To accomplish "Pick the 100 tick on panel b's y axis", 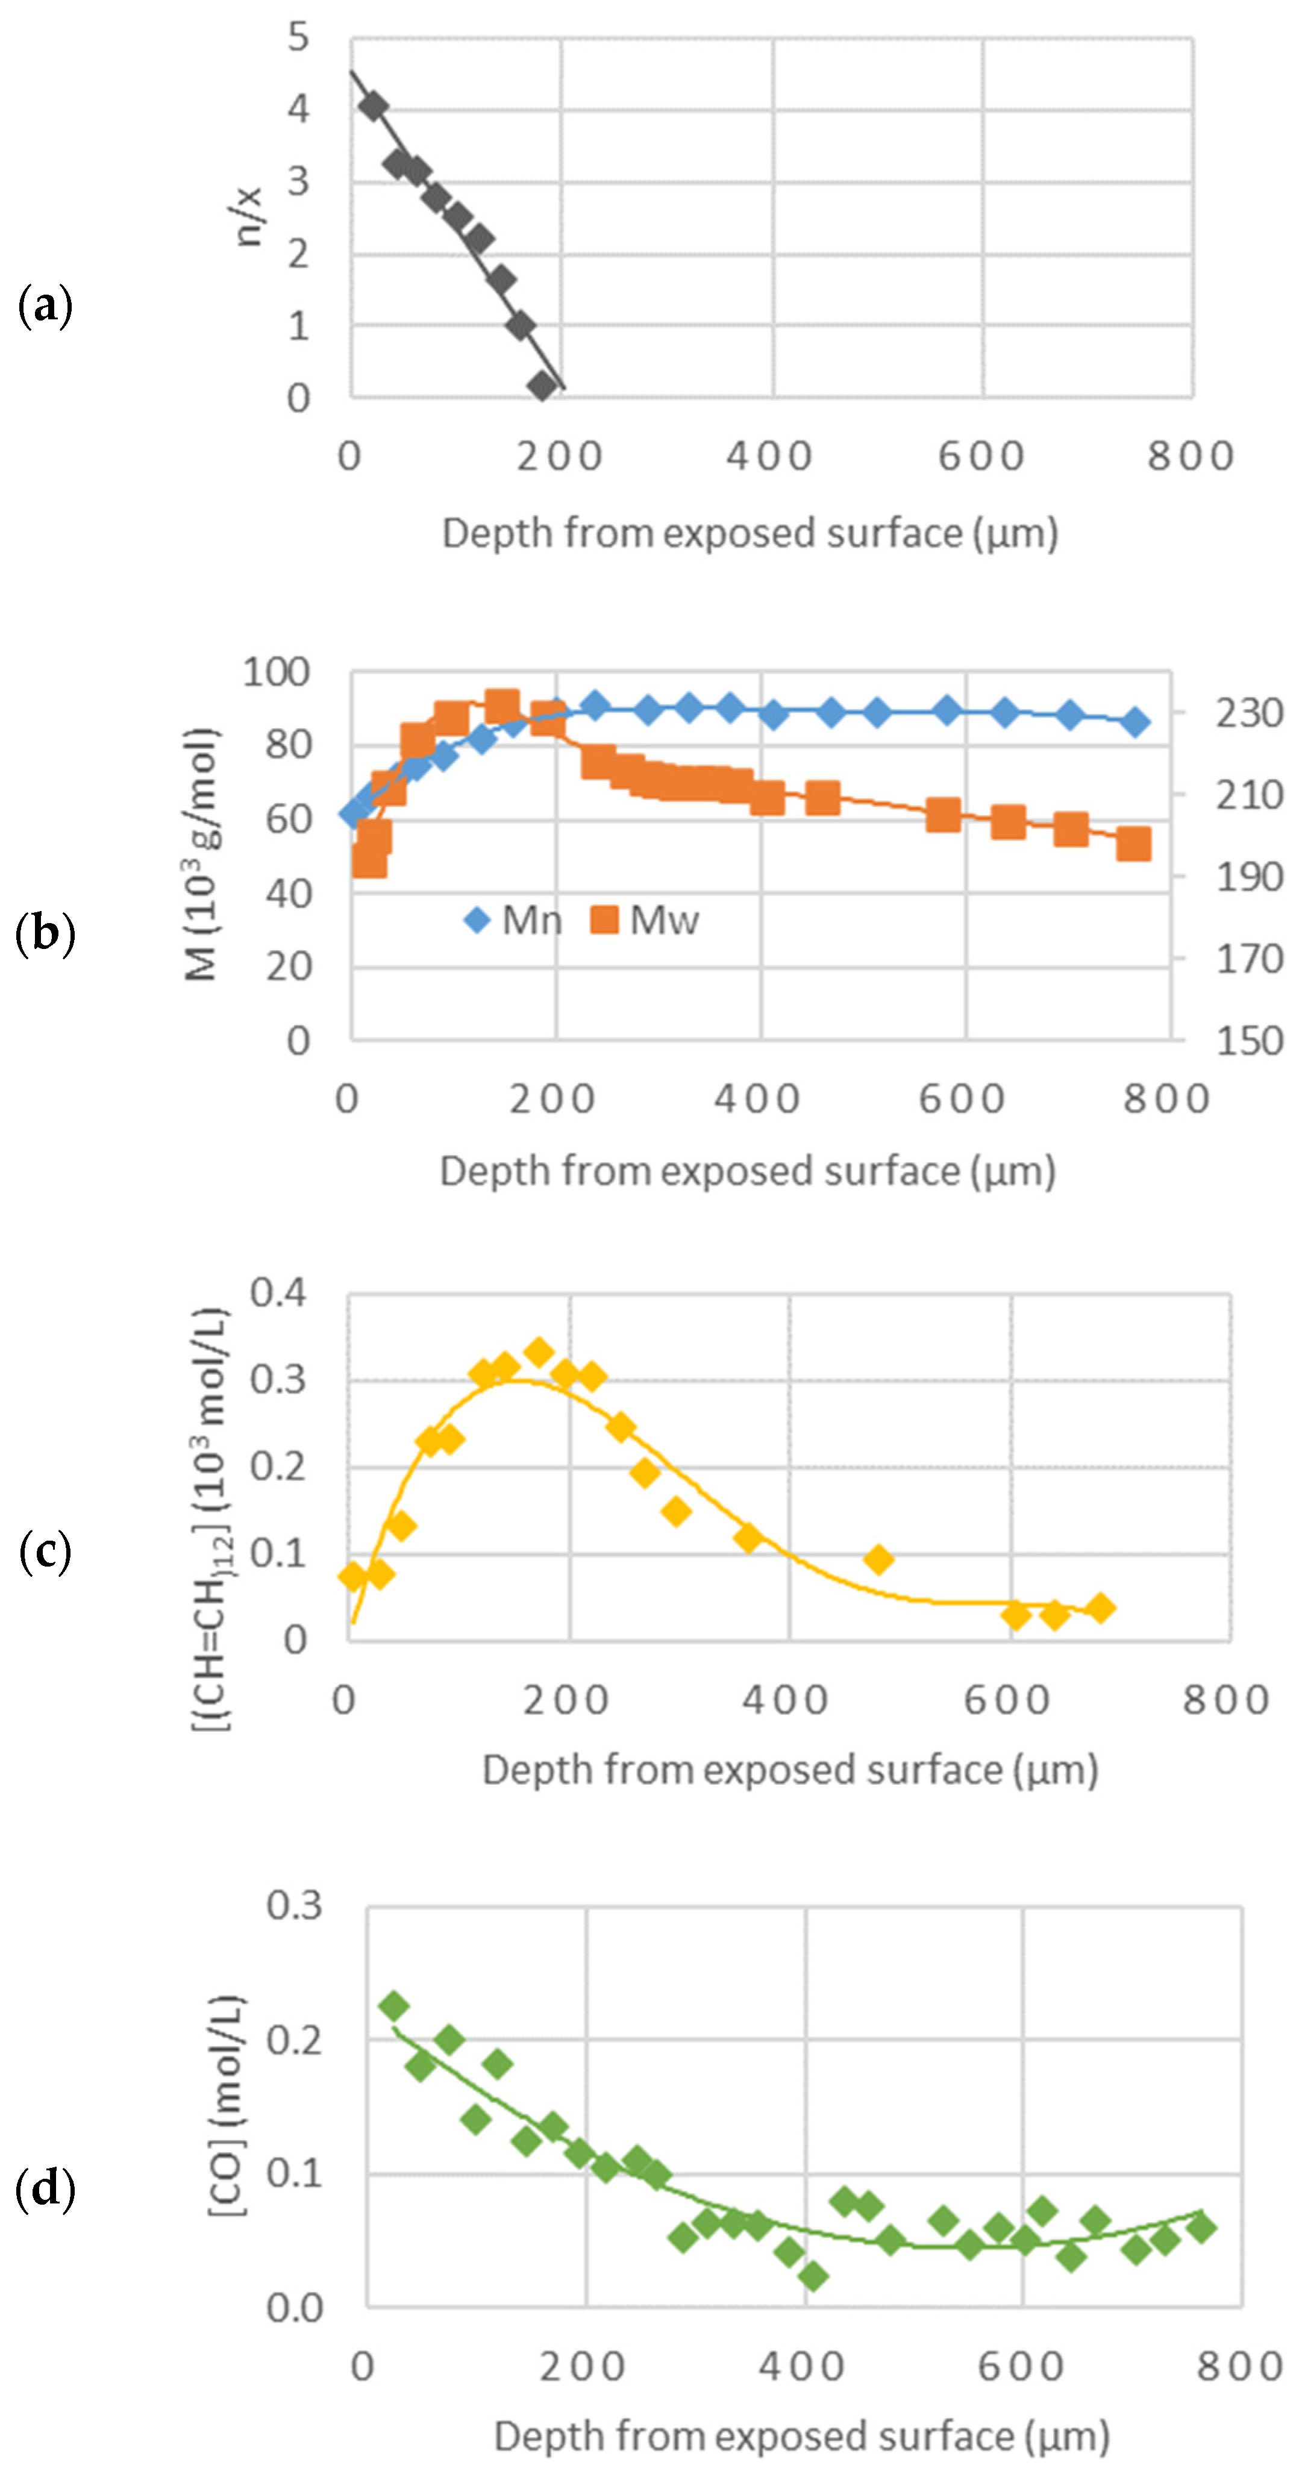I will (276, 672).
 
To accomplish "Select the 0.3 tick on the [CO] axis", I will (294, 1905).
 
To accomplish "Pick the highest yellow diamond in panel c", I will (539, 1352).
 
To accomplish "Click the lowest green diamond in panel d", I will (813, 2276).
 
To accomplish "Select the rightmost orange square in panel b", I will (1134, 844).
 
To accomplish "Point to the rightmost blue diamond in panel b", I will (1136, 722).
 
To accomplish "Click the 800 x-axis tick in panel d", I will (1239, 2366).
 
